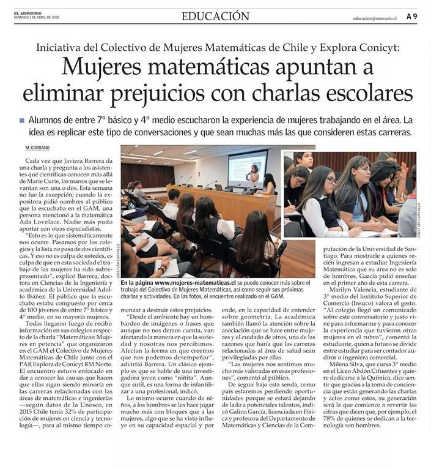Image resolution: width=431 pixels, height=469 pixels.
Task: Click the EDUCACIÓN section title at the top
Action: [215, 17]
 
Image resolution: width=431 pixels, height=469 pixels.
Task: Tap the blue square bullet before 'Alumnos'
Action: [22, 121]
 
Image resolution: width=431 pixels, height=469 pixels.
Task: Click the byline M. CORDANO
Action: [38, 148]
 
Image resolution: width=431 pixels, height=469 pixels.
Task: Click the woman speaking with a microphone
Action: [253, 176]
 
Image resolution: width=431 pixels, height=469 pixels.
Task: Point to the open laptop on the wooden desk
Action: [219, 187]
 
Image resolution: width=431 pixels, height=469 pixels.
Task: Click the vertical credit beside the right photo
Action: [419, 220]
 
